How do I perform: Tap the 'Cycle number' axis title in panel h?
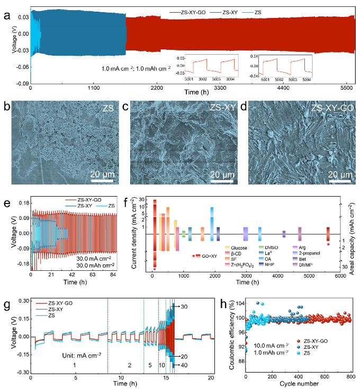tap(299, 384)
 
